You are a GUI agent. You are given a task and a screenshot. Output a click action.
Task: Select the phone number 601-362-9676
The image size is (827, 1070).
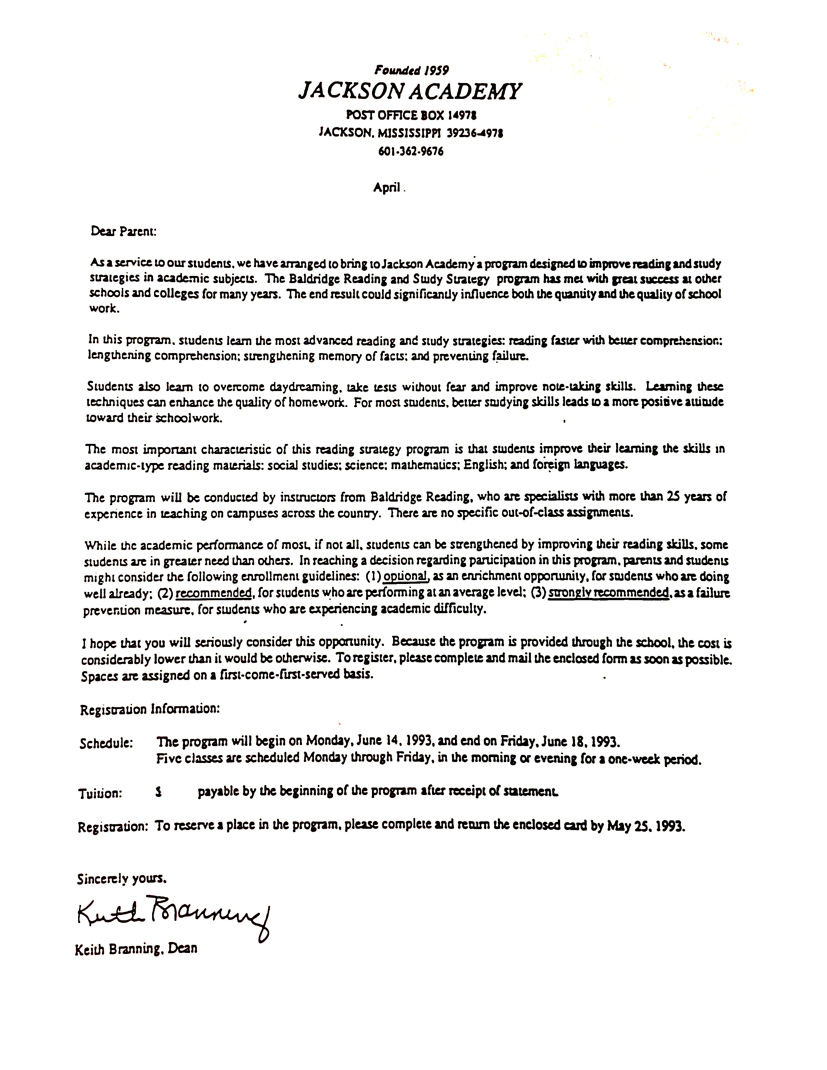pos(411,151)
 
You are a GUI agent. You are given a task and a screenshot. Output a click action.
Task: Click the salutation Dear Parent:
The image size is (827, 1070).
pos(124,231)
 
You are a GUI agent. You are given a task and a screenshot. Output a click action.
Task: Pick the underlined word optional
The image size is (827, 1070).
pos(406,576)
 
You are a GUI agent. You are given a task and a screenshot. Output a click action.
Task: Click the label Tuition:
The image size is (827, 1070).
pos(100,793)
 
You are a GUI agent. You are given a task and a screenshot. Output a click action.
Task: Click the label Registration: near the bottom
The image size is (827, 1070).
pos(112,827)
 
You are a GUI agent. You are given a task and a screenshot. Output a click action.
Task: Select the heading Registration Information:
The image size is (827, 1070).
pos(150,709)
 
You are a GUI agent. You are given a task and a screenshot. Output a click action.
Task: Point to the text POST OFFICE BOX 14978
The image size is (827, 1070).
pos(411,115)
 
